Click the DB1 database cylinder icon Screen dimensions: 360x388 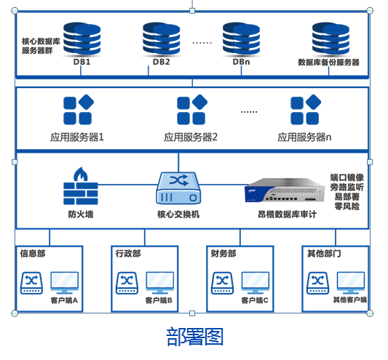tap(82, 38)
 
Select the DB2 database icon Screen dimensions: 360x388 tap(161, 38)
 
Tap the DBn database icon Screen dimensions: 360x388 tap(241, 38)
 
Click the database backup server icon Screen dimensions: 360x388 tap(329, 38)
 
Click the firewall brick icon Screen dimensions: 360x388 tap(80, 188)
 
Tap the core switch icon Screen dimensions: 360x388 tap(178, 188)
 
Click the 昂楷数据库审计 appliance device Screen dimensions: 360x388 tap(285, 192)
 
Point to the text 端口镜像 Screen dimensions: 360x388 tap(347, 177)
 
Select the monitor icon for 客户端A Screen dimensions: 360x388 tap(64, 282)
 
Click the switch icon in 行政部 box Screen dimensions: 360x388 tap(126, 283)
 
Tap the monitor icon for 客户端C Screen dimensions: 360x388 tap(256, 282)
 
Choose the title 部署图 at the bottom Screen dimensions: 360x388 tap(194, 337)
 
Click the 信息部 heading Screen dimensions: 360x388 tap(33, 254)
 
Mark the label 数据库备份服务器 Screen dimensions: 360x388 tap(329, 63)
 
